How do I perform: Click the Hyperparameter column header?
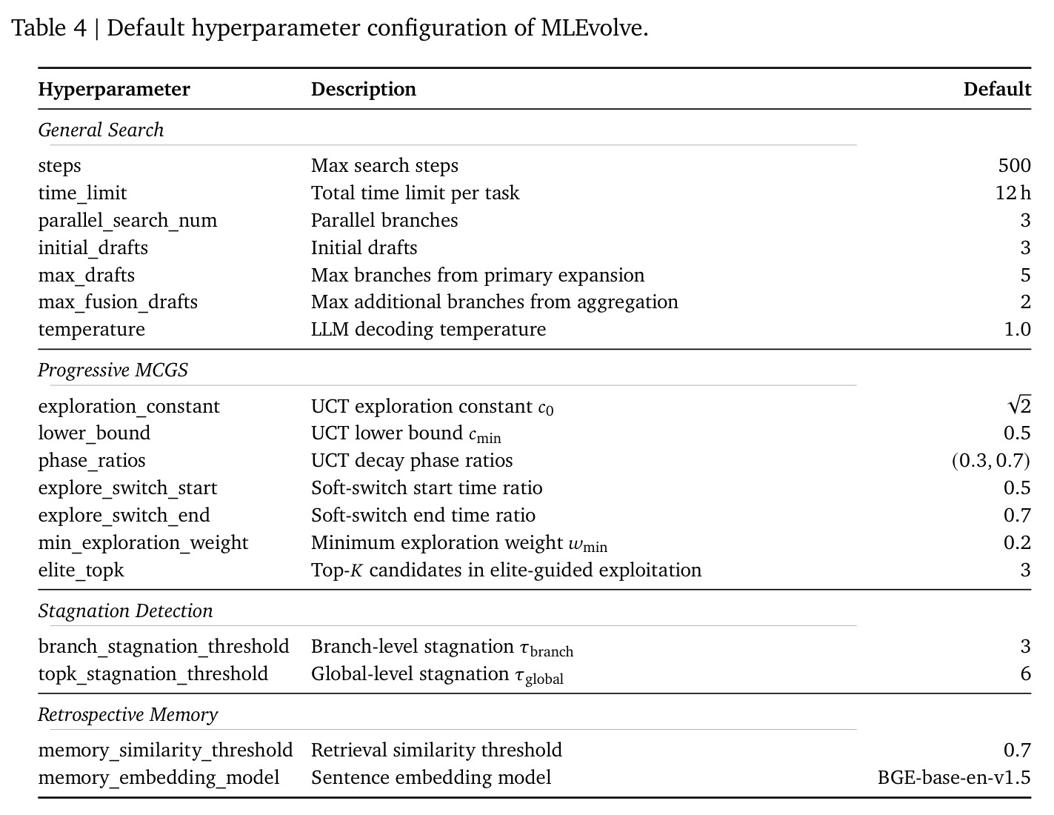pyautogui.click(x=114, y=90)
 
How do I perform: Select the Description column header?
pyautogui.click(x=363, y=89)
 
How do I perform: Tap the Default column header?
pyautogui.click(x=997, y=89)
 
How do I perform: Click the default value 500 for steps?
pyautogui.click(x=1014, y=166)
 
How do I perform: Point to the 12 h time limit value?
pyautogui.click(x=1013, y=193)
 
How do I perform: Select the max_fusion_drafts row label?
pyautogui.click(x=118, y=302)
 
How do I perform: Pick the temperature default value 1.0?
pyautogui.click(x=1017, y=330)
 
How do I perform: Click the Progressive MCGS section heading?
pyautogui.click(x=113, y=370)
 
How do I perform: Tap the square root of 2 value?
pyautogui.click(x=1020, y=405)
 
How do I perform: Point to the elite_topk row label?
pyautogui.click(x=81, y=570)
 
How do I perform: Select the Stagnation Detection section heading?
pyautogui.click(x=125, y=611)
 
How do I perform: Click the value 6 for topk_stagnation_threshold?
pyautogui.click(x=1025, y=673)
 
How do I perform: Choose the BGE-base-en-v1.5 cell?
pyautogui.click(x=954, y=778)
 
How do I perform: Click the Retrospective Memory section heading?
pyautogui.click(x=128, y=714)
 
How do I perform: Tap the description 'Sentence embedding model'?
pyautogui.click(x=431, y=778)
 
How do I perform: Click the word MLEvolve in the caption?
pyautogui.click(x=594, y=28)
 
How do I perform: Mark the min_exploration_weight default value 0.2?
pyautogui.click(x=1017, y=542)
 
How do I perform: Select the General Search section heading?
pyautogui.click(x=101, y=130)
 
